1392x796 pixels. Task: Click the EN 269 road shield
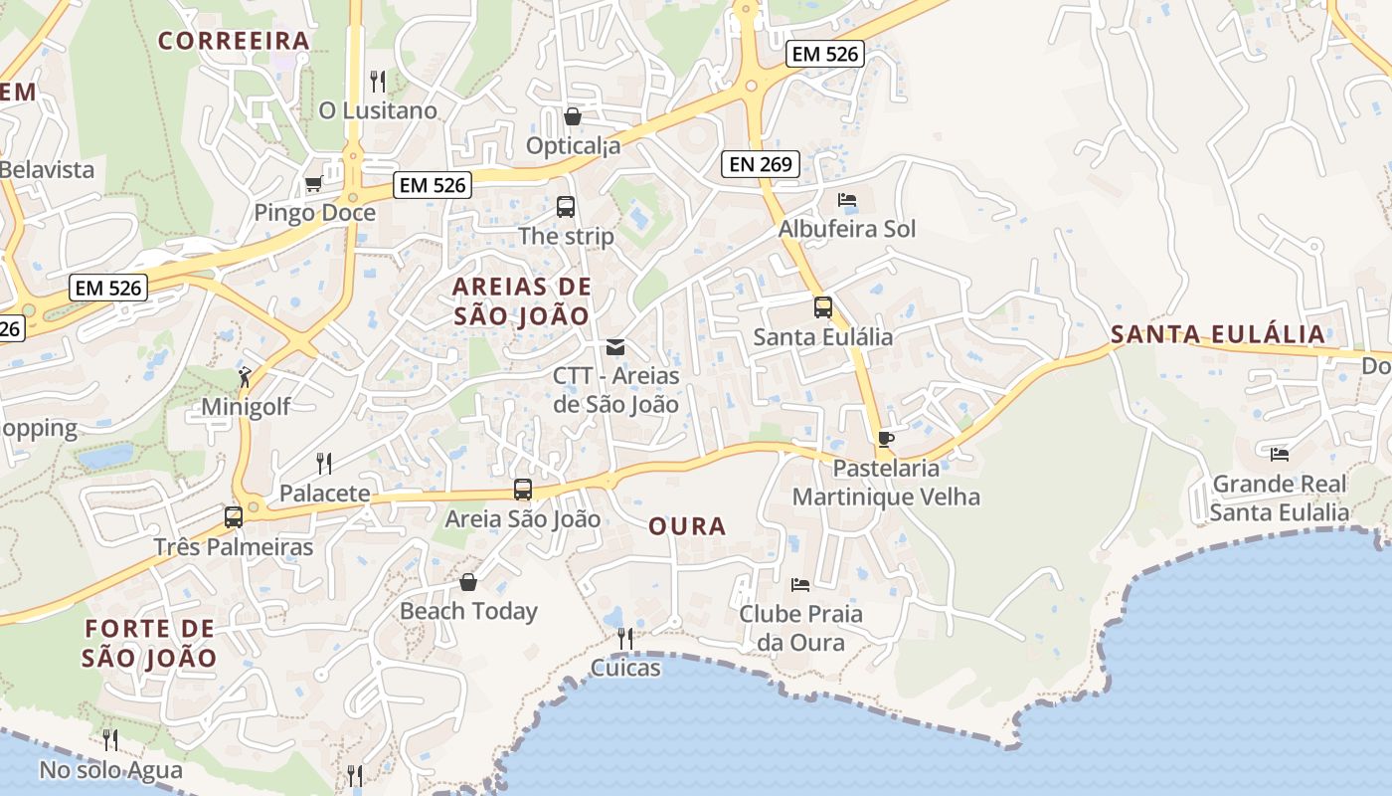(761, 164)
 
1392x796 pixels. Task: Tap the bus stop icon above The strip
(566, 207)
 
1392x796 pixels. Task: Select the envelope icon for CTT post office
(615, 346)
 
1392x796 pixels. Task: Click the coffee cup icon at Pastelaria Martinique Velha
(886, 439)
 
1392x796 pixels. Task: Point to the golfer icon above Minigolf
(245, 377)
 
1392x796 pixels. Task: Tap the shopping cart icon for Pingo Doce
(313, 183)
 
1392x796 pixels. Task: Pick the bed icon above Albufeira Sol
(847, 200)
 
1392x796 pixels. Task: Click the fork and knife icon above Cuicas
(625, 638)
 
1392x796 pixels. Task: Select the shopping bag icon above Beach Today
(468, 581)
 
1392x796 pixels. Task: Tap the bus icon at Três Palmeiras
(234, 517)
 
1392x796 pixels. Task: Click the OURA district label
(687, 526)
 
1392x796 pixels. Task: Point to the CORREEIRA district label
(235, 41)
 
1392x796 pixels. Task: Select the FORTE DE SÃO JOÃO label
(149, 643)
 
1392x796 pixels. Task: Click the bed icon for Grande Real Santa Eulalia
(1280, 455)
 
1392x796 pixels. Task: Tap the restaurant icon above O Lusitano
(378, 81)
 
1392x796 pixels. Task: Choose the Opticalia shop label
(573, 146)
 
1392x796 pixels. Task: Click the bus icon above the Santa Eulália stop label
(823, 307)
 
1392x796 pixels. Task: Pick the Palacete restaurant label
(324, 493)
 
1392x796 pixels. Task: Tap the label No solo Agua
(111, 770)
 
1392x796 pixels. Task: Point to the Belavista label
(47, 169)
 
